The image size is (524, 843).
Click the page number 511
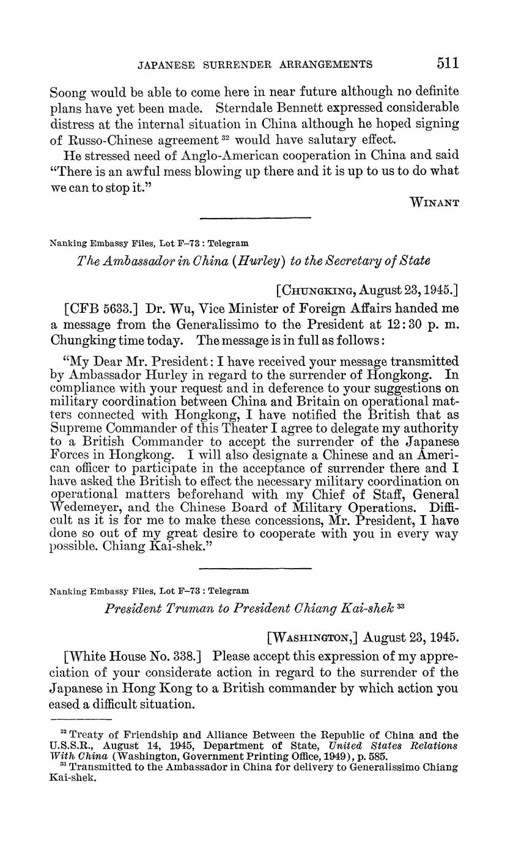point(448,63)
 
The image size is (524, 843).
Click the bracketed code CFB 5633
point(95,307)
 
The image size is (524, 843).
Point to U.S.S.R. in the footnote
point(71,745)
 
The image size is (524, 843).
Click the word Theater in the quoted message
point(192,428)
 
